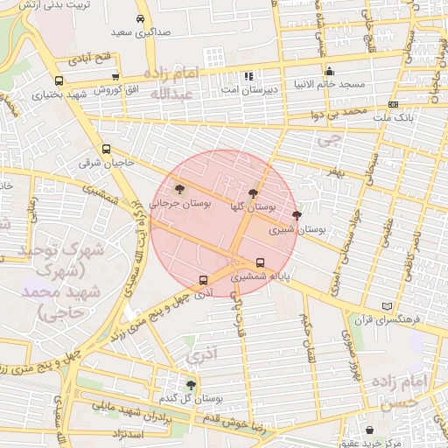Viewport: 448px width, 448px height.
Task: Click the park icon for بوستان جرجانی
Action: coord(179,188)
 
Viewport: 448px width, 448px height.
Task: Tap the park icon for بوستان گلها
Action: coord(253,193)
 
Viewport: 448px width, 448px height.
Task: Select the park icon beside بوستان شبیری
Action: coord(297,215)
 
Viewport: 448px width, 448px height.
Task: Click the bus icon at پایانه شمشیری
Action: coord(260,262)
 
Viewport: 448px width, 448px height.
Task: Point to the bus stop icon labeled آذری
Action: coord(203,281)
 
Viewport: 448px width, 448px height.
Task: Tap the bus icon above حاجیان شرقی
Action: coord(107,149)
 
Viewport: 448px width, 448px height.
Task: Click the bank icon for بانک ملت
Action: coord(393,105)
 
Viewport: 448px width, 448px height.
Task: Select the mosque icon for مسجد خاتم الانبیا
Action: coord(329,73)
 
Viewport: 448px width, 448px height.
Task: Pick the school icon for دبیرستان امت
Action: coord(248,76)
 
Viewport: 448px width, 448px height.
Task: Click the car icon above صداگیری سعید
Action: coord(140,18)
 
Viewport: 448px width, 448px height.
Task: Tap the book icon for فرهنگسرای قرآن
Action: coord(388,306)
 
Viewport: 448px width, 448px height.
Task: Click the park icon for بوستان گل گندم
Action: coord(191,385)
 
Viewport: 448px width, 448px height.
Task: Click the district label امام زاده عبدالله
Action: coord(175,83)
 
